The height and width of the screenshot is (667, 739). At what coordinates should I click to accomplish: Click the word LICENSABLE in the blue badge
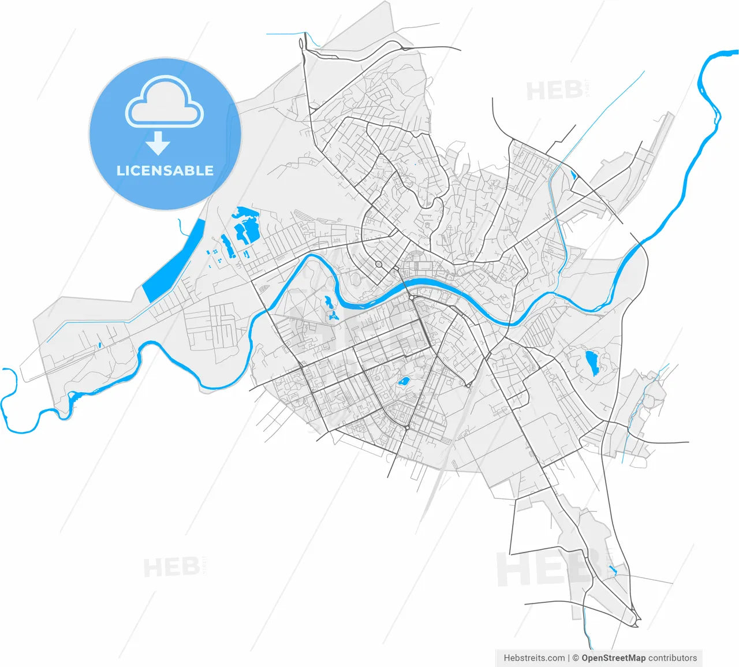tap(165, 170)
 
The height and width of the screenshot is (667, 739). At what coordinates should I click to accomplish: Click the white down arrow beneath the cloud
tap(157, 143)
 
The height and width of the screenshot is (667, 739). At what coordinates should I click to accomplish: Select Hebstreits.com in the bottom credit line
tap(534, 658)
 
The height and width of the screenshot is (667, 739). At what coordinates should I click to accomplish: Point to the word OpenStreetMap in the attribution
tap(613, 658)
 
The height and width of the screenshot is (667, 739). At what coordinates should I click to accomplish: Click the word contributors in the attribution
tap(673, 658)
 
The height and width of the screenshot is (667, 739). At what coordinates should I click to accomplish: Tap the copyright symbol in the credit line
tap(575, 658)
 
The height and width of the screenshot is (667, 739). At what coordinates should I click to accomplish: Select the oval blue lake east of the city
tap(592, 363)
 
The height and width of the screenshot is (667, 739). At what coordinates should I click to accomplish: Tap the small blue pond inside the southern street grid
tap(404, 381)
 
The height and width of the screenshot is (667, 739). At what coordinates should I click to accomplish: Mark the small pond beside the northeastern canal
tap(573, 174)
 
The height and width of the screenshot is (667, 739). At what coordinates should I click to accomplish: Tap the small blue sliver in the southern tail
tap(613, 571)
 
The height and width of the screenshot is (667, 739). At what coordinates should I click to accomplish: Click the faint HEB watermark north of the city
tap(554, 91)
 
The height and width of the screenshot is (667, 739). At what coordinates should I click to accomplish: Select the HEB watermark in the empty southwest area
tap(171, 567)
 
